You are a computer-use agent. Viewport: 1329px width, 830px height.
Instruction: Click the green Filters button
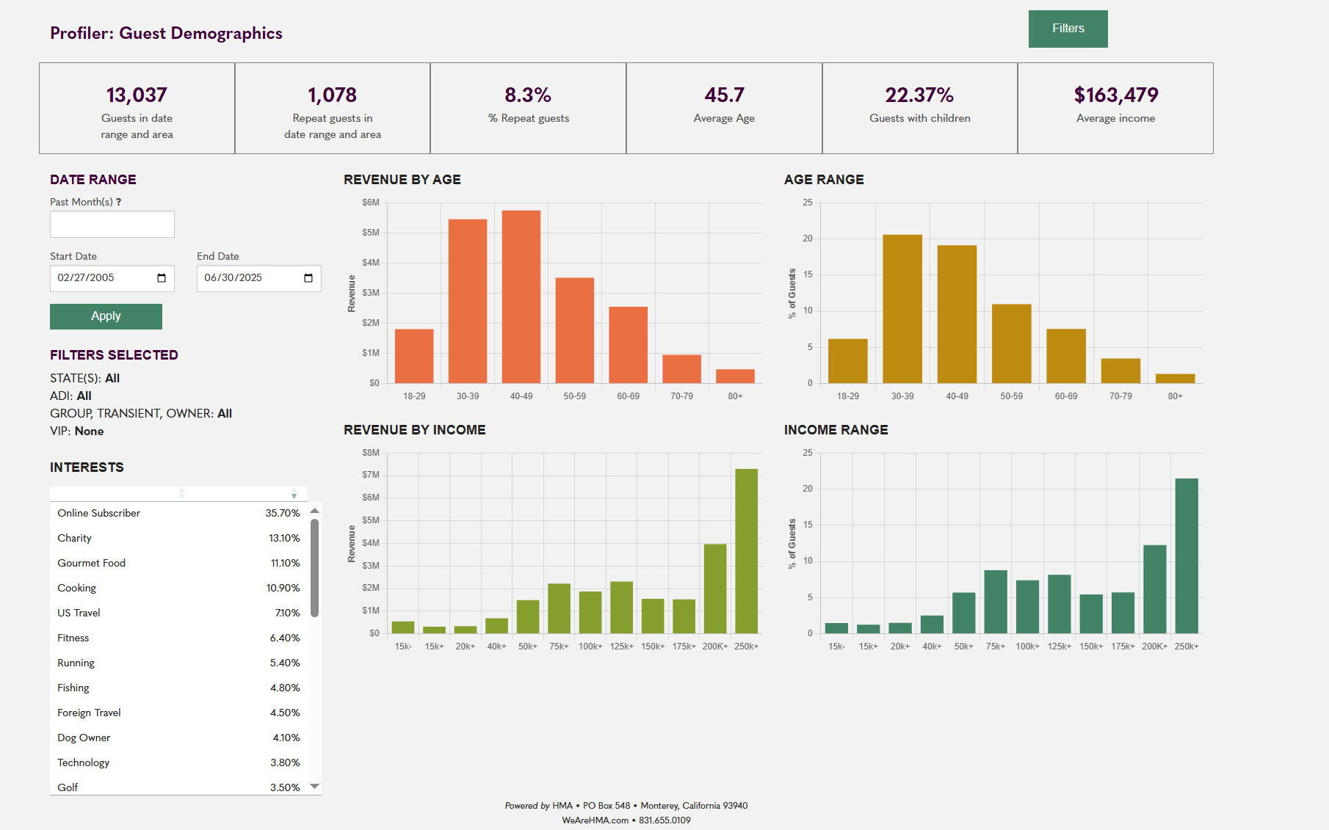point(1068,29)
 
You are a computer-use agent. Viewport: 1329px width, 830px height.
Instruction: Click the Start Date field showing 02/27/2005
point(103,278)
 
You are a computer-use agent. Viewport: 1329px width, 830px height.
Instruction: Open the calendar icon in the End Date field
point(308,278)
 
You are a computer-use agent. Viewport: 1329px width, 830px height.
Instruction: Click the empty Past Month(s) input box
point(112,225)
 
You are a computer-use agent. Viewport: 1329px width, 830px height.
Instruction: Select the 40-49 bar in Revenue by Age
point(521,296)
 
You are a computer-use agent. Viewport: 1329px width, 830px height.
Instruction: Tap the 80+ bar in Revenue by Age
point(735,376)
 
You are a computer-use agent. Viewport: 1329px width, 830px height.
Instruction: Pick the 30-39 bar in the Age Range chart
point(902,308)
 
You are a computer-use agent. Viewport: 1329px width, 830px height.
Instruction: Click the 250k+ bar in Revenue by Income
point(746,550)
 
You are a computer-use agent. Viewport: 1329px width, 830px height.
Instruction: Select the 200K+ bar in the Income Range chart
point(1154,589)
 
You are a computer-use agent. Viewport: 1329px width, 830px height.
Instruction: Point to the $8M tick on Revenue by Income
point(371,453)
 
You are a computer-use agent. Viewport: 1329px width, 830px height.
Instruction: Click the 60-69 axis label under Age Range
point(1066,396)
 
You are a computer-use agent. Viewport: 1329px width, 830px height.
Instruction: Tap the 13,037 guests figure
point(137,95)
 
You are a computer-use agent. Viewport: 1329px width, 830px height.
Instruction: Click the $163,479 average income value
point(1115,95)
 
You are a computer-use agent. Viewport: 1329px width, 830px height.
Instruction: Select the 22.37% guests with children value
point(919,95)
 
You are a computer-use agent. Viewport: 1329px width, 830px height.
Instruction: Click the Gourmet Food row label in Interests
point(92,563)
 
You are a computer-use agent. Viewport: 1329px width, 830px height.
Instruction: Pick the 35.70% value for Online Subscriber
point(283,513)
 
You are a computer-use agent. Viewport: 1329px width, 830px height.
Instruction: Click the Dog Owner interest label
point(84,738)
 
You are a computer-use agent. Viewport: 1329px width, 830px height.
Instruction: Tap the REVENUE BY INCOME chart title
point(415,430)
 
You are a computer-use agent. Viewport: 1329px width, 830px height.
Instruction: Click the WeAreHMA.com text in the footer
point(595,820)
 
